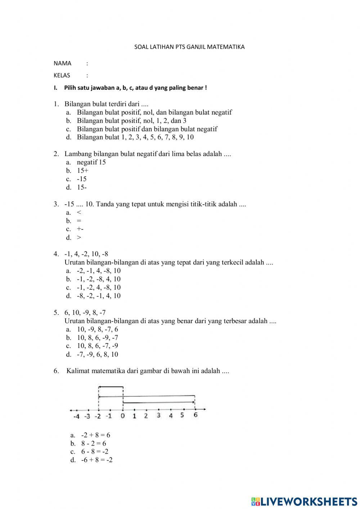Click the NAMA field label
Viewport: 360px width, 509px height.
pos(63,63)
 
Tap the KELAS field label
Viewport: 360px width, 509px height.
pos(62,76)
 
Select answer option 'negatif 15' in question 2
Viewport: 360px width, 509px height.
pos(91,162)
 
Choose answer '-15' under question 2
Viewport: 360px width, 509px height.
pos(82,179)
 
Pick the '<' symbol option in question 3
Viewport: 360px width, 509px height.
pos(79,213)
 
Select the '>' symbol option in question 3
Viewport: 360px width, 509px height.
pos(79,237)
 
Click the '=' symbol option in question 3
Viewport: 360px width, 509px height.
pos(79,221)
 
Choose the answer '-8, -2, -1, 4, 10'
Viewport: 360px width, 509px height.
pos(99,296)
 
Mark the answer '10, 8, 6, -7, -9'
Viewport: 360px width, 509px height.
pos(97,346)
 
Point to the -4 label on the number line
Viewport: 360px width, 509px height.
pos(76,416)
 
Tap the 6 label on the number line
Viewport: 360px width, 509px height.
pos(195,415)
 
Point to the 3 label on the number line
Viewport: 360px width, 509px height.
pos(158,416)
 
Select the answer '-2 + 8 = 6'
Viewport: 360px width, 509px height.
pos(95,435)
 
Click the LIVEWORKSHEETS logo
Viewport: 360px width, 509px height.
pos(304,501)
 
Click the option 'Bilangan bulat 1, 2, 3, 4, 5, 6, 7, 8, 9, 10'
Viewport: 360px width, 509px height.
pos(135,137)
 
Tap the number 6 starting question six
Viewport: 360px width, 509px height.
pos(56,371)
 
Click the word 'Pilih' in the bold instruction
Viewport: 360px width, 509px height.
pos(71,88)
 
